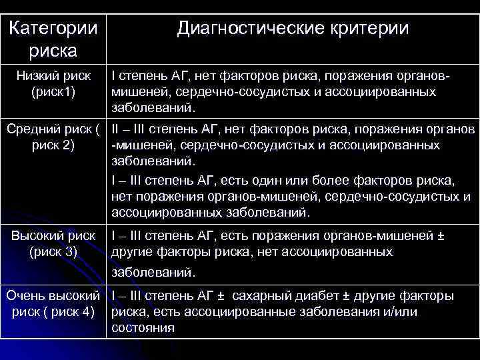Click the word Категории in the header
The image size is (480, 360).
tap(54, 29)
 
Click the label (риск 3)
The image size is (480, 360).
tap(53, 252)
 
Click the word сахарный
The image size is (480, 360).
tap(261, 295)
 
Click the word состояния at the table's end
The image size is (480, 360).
tap(143, 328)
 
